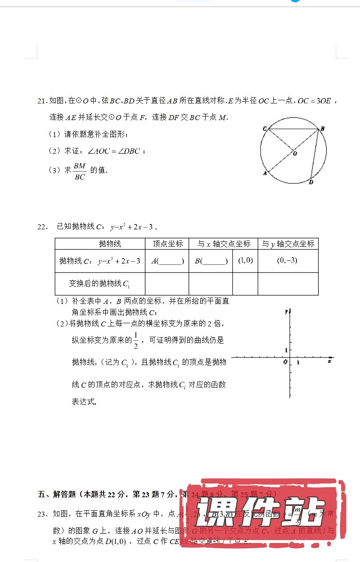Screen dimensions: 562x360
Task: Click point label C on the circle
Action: coord(265,129)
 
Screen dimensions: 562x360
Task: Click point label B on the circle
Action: coord(323,129)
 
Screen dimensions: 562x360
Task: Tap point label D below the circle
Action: coord(311,182)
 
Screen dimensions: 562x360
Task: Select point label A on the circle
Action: coord(265,173)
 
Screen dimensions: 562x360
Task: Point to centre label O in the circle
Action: coord(295,153)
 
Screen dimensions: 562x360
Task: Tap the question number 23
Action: coord(42,514)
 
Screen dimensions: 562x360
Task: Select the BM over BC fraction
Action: coord(80,171)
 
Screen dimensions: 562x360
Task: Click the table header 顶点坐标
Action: coord(167,244)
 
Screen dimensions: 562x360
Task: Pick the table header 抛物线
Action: coord(110,244)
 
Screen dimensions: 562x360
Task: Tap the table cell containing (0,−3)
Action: coord(287,260)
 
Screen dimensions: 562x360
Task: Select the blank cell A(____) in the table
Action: coord(167,261)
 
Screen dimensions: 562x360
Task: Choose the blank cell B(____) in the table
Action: coord(211,261)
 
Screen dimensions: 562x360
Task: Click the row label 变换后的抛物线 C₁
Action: coord(99,284)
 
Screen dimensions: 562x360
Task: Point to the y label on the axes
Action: coord(286,311)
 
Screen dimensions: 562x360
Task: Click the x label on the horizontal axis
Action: coord(330,361)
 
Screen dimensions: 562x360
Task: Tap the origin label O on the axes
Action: coord(285,362)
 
